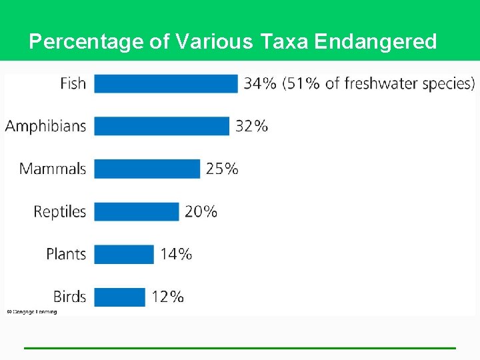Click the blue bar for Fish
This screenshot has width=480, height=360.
pyautogui.click(x=166, y=83)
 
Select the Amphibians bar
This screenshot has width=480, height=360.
pyautogui.click(x=161, y=126)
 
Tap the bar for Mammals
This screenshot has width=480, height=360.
pyautogui.click(x=147, y=169)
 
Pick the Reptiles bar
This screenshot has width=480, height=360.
pyautogui.click(x=137, y=211)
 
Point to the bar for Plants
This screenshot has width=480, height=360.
pyautogui.click(x=124, y=254)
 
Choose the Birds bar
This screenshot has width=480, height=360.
pyautogui.click(x=119, y=297)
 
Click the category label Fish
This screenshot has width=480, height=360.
pyautogui.click(x=73, y=83)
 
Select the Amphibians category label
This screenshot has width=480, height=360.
pyautogui.click(x=45, y=126)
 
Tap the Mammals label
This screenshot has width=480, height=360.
pyautogui.click(x=53, y=169)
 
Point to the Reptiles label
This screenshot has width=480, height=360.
pyautogui.click(x=60, y=211)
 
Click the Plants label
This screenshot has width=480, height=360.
pyautogui.click(x=66, y=254)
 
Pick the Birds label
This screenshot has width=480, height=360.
pyautogui.click(x=69, y=297)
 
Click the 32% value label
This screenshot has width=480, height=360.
pyautogui.click(x=251, y=126)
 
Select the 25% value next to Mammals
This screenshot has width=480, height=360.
pyautogui.click(x=222, y=169)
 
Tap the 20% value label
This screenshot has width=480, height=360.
pyautogui.click(x=201, y=211)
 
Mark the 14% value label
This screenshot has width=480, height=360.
pyautogui.click(x=176, y=254)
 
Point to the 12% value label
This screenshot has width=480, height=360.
pyautogui.click(x=167, y=297)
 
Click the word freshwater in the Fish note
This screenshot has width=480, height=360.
pyautogui.click(x=378, y=83)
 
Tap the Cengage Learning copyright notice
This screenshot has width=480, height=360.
pyautogui.click(x=32, y=311)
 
